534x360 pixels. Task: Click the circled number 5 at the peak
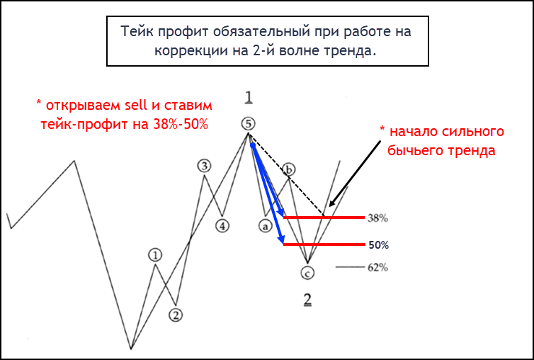pyautogui.click(x=249, y=124)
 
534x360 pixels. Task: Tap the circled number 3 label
pyautogui.click(x=204, y=166)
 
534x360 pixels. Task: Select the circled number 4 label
pyautogui.click(x=222, y=225)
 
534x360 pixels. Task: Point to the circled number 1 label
pyautogui.click(x=155, y=254)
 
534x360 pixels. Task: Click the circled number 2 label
pyautogui.click(x=176, y=315)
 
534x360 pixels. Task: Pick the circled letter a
pyautogui.click(x=265, y=225)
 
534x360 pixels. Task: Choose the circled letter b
pyautogui.click(x=289, y=169)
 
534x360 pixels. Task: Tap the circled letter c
pyautogui.click(x=307, y=272)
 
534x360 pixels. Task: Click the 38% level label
pyautogui.click(x=377, y=218)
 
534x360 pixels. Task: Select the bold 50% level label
pyautogui.click(x=378, y=245)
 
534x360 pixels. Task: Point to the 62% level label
pyautogui.click(x=377, y=268)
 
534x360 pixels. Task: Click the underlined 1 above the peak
pyautogui.click(x=249, y=97)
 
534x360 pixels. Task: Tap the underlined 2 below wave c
pyautogui.click(x=307, y=299)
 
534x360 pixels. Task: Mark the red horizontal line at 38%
pyautogui.click(x=324, y=217)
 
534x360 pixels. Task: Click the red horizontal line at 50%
pyautogui.click(x=324, y=244)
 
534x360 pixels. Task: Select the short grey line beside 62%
pyautogui.click(x=350, y=267)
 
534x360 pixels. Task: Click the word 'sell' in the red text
pyautogui.click(x=135, y=106)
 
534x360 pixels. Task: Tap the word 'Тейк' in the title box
pyautogui.click(x=137, y=32)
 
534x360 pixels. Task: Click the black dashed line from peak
pyautogui.click(x=286, y=174)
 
